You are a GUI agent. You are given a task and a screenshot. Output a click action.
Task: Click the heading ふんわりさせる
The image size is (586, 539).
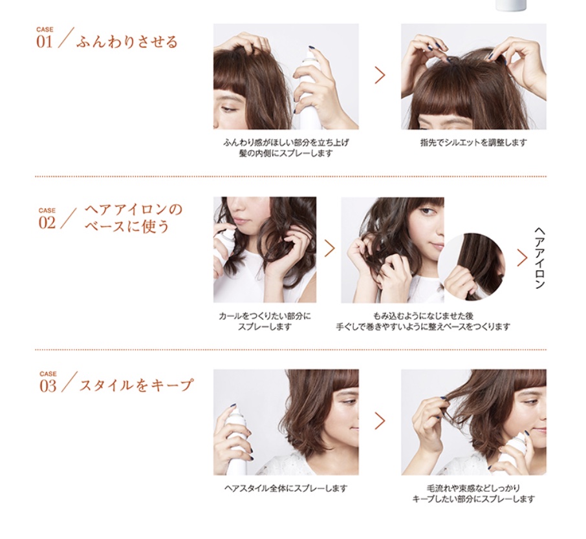[x=127, y=43]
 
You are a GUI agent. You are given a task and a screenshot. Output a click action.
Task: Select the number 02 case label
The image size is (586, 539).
[x=47, y=222]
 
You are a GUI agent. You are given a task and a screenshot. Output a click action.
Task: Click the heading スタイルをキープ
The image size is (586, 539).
[x=136, y=385]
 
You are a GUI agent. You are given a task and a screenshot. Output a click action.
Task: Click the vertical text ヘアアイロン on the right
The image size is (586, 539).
[x=540, y=257]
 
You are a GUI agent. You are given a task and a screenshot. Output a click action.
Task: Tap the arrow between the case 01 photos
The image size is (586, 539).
[x=380, y=75]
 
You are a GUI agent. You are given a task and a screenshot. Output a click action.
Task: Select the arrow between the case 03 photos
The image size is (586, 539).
[x=380, y=421]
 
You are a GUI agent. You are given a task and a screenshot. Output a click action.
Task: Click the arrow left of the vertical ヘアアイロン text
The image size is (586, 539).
[x=522, y=257]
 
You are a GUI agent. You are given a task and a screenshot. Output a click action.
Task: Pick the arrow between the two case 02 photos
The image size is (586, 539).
[x=329, y=248]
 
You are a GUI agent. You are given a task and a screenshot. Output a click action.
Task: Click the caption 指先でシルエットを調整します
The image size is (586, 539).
[x=473, y=142]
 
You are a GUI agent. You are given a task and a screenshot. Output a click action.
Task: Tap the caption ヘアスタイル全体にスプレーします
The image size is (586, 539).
[x=285, y=488]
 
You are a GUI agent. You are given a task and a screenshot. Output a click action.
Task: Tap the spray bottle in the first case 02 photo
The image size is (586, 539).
[x=224, y=249]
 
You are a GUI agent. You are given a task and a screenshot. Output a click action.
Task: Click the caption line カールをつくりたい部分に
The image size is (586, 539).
[x=265, y=316]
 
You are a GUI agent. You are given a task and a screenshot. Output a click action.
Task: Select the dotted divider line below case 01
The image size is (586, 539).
[x=290, y=176]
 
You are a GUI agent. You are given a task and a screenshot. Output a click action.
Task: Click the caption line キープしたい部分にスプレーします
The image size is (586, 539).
[x=473, y=499]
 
